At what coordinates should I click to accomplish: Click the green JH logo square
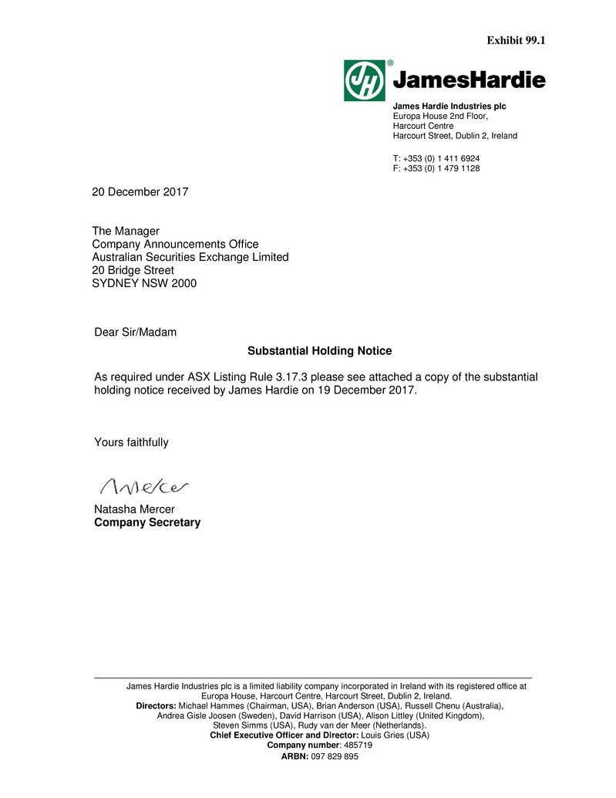pos(365,80)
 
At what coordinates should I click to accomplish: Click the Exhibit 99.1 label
pos(517,40)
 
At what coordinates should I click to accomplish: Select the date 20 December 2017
pos(140,191)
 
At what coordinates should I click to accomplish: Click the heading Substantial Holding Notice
pos(319,351)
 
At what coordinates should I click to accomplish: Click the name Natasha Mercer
pos(134,509)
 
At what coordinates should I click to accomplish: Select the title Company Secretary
pos(147,522)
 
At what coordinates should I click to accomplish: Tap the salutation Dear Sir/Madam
pos(135,333)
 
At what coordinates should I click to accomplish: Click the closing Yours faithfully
pos(131,442)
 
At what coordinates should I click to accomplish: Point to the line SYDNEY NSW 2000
pos(144,283)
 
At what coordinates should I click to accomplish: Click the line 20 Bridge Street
pos(133,270)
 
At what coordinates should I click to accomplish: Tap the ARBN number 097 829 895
pos(335,757)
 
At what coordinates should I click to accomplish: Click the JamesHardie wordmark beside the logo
pos(470,80)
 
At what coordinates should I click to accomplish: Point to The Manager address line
pos(126,231)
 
